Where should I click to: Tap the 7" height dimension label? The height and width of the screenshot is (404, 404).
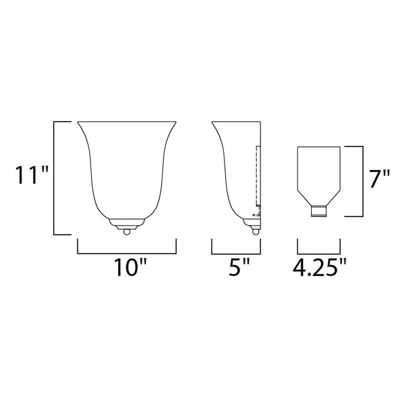coord(381,179)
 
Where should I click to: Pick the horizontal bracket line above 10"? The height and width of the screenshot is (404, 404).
coord(126,253)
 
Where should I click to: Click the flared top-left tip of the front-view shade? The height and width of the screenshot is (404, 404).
coord(78,123)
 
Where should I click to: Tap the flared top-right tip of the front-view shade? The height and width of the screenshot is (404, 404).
coord(175,123)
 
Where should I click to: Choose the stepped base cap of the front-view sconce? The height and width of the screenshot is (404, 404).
coord(126,222)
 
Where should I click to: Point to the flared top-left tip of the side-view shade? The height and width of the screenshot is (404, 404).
coord(213,123)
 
